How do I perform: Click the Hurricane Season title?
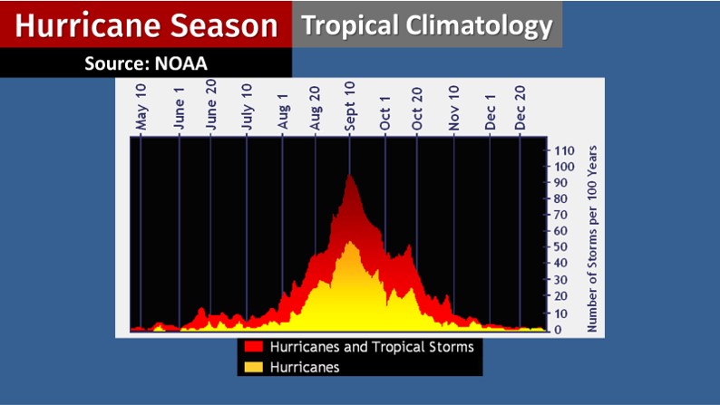tap(145, 25)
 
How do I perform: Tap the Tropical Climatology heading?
tap(426, 24)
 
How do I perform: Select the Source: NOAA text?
tap(146, 63)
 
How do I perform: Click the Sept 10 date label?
tap(350, 108)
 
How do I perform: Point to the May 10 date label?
tap(141, 110)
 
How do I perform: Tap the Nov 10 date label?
tap(454, 109)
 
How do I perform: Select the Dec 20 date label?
tap(521, 109)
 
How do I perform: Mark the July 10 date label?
tap(246, 110)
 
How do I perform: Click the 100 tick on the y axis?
tap(564, 167)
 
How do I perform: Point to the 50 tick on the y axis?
tap(561, 247)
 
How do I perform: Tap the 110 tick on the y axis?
tap(564, 150)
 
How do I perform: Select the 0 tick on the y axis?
tap(559, 329)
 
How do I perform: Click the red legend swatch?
tap(253, 347)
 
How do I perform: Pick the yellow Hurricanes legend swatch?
tap(253, 367)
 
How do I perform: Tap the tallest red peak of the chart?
tap(349, 175)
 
